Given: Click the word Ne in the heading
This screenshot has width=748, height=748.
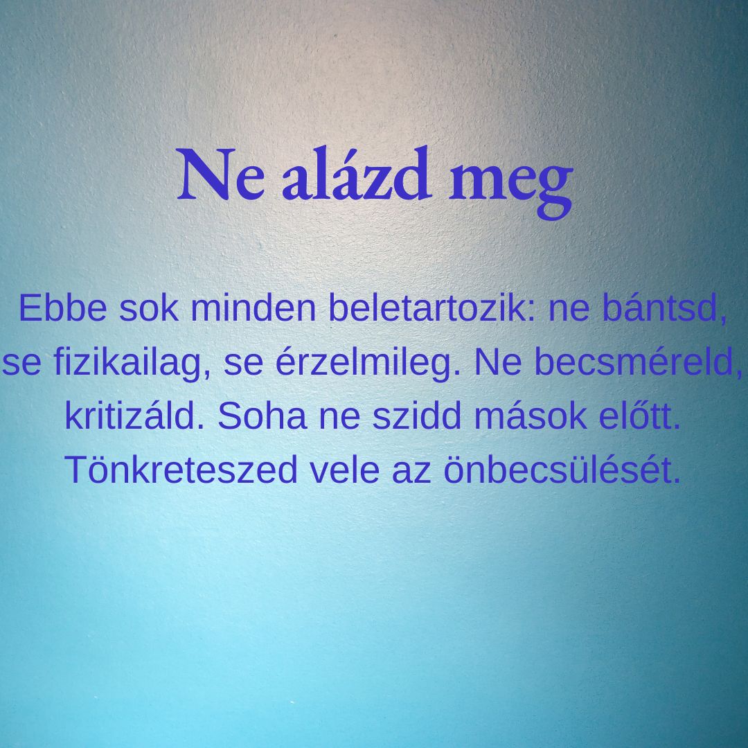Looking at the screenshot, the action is coord(220,175).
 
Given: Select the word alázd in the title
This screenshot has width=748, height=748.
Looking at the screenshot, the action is coord(357,172).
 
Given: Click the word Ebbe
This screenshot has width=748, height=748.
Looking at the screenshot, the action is coord(62,308).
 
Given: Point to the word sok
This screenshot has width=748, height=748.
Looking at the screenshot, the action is coord(148,308).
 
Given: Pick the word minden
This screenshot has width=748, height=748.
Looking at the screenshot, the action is coord(253,308).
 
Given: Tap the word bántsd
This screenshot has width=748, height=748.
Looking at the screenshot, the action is coord(665,309).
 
